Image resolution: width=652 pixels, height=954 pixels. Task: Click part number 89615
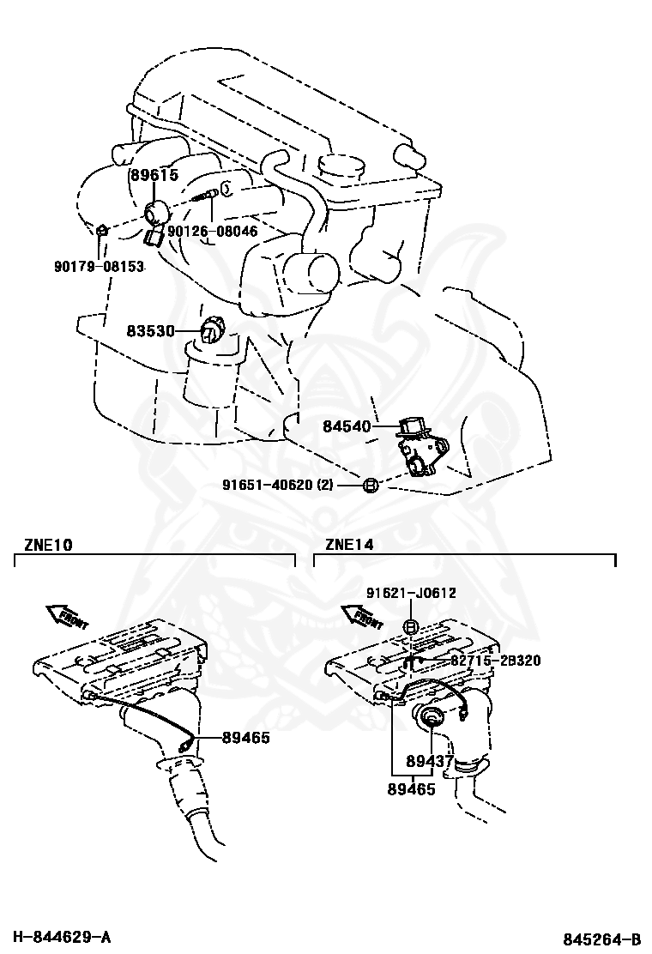pyautogui.click(x=154, y=175)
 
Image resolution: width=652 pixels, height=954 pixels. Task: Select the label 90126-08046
pyautogui.click(x=212, y=231)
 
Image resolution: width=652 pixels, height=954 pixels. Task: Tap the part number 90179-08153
pyautogui.click(x=99, y=267)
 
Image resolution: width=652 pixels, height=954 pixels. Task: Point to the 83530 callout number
pyautogui.click(x=151, y=330)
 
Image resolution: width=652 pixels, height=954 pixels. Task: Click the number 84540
pyautogui.click(x=347, y=426)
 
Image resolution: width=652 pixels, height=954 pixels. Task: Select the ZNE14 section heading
pyautogui.click(x=349, y=544)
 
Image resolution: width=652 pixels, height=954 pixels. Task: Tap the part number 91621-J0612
pyautogui.click(x=411, y=593)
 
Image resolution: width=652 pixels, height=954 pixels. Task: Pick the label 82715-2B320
pyautogui.click(x=495, y=661)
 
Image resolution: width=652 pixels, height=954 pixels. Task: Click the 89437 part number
pyautogui.click(x=430, y=760)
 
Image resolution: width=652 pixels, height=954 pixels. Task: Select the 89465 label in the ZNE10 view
pyautogui.click(x=246, y=737)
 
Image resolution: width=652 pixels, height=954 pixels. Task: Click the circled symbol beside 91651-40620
pyautogui.click(x=369, y=486)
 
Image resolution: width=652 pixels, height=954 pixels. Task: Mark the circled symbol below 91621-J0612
pyautogui.click(x=411, y=628)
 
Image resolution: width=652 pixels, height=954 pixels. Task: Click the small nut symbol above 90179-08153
pyautogui.click(x=100, y=231)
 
